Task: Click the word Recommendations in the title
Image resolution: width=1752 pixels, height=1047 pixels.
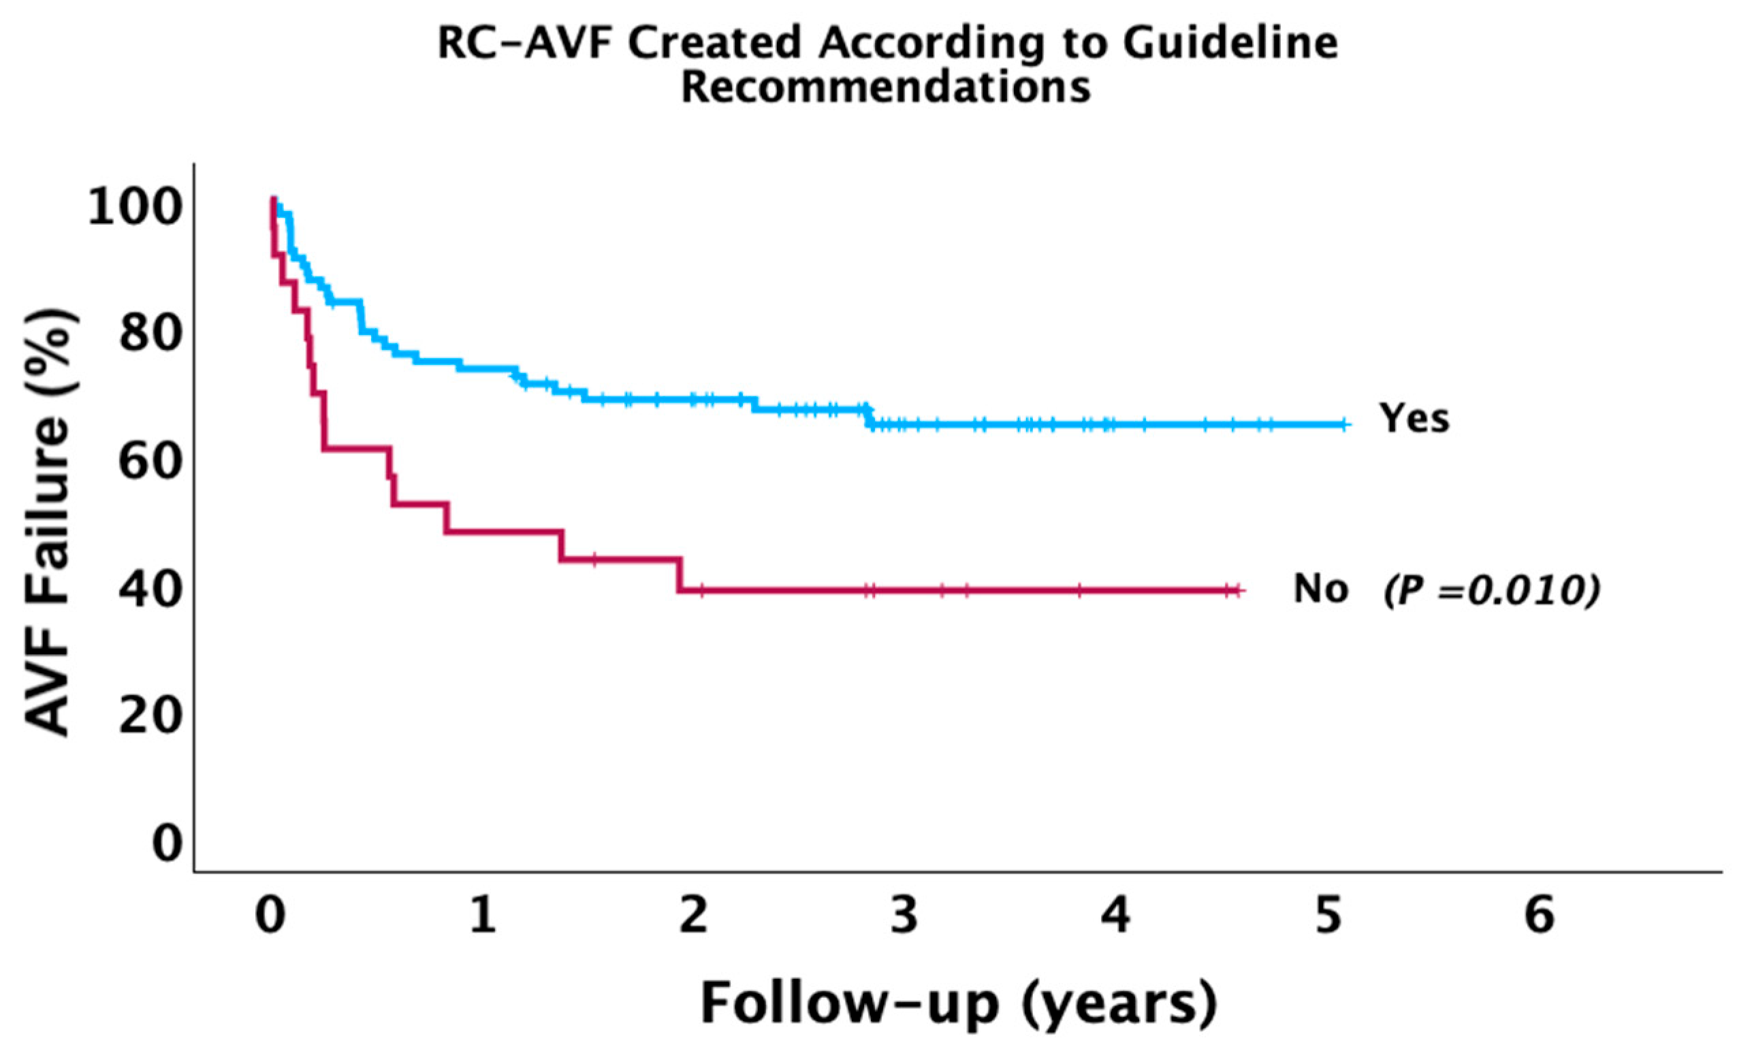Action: [887, 89]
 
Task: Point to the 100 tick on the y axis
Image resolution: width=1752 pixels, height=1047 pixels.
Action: [131, 210]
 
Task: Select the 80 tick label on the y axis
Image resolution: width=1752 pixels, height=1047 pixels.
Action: [149, 334]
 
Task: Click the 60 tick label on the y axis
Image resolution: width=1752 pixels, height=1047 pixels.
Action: [149, 462]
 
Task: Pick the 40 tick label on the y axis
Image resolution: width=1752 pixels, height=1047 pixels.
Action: [149, 589]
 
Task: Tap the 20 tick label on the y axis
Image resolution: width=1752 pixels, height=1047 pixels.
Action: [149, 716]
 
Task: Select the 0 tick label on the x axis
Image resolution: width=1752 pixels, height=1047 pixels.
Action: [270, 916]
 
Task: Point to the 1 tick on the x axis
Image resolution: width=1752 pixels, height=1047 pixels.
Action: [483, 916]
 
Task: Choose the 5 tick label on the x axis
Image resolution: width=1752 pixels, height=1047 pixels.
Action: [1328, 916]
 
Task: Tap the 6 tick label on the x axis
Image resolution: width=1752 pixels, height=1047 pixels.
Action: [1540, 916]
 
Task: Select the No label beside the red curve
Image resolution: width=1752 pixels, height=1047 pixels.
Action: [1320, 589]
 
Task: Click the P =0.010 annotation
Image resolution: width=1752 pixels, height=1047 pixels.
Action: [1491, 590]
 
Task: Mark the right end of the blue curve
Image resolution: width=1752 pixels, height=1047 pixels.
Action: [1346, 425]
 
